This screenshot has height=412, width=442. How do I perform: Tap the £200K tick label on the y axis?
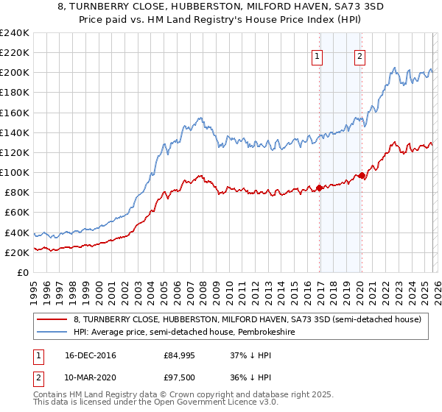coord(15,73)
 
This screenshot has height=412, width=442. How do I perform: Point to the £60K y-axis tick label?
coord(17,213)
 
